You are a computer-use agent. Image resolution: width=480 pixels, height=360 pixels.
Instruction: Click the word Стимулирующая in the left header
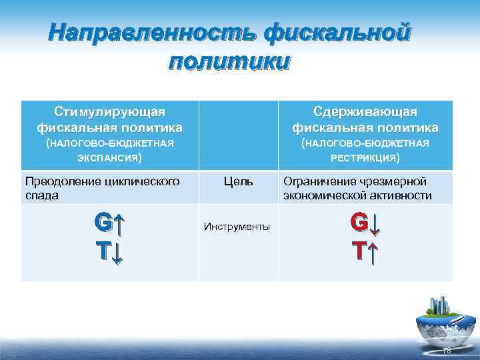pos(110,110)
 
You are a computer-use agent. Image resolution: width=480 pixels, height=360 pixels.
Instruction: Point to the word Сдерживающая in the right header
pos(365,110)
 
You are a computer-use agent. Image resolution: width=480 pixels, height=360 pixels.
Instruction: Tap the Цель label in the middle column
pos(238,181)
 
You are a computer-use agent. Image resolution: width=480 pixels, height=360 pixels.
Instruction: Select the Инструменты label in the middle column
pos(238,227)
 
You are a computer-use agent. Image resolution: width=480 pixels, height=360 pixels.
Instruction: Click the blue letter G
pos(103,222)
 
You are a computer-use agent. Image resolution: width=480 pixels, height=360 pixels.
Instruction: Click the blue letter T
pos(103,251)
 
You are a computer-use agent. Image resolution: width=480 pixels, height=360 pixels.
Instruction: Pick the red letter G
pos(359,222)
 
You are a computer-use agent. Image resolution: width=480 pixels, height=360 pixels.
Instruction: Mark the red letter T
pos(359,251)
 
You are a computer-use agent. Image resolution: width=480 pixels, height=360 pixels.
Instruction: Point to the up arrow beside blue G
pos(118,222)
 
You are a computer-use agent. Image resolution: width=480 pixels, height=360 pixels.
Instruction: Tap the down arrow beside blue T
pos(117,252)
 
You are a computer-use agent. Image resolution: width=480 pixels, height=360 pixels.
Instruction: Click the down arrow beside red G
pos(374,223)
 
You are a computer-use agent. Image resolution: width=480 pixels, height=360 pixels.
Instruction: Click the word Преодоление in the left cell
pos(57,181)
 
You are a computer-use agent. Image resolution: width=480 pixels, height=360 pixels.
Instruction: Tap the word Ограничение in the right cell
pos(317,181)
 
